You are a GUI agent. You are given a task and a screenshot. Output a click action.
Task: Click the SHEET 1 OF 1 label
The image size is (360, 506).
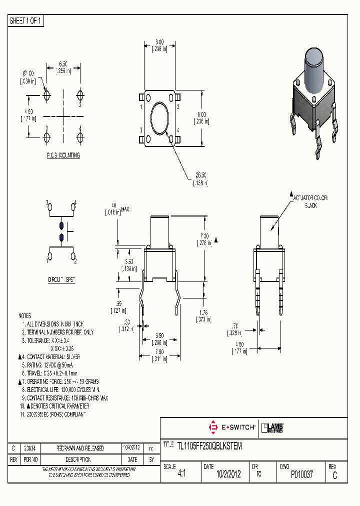(x=26, y=20)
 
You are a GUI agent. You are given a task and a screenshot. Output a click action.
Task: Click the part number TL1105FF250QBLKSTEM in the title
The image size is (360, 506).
(x=209, y=446)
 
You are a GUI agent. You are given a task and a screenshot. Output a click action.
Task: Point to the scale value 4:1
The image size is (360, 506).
(x=181, y=474)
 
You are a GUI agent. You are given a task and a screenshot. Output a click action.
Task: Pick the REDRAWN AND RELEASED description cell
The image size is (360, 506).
(x=73, y=448)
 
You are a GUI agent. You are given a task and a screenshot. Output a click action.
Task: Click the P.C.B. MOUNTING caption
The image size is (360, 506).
(x=63, y=155)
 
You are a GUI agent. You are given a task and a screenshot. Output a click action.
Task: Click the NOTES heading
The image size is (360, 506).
(x=24, y=316)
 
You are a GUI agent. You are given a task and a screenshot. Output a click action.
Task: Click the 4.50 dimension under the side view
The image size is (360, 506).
(x=241, y=348)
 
